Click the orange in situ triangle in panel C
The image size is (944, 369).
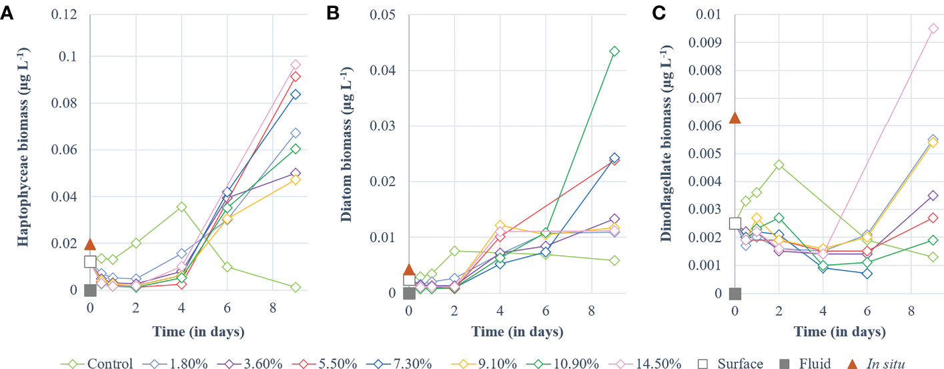click(x=735, y=118)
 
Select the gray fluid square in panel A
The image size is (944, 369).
click(x=91, y=290)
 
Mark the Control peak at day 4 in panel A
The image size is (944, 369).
click(x=181, y=207)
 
